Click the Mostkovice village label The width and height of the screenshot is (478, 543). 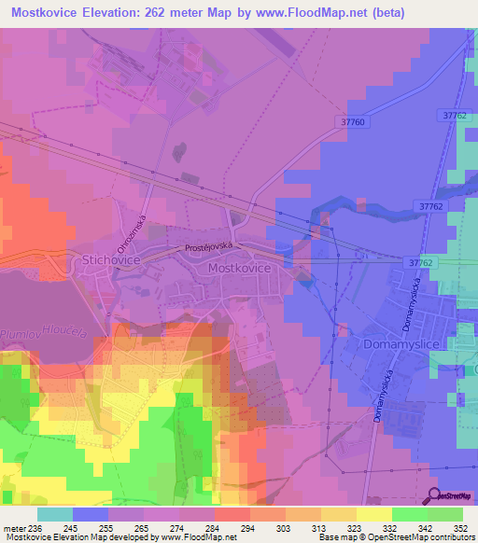[240, 268]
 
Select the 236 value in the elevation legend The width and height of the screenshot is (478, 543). [35, 530]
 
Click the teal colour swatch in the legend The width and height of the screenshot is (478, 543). [55, 514]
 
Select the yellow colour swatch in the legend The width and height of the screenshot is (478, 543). [374, 514]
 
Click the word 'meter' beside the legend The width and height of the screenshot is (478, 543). [14, 530]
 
